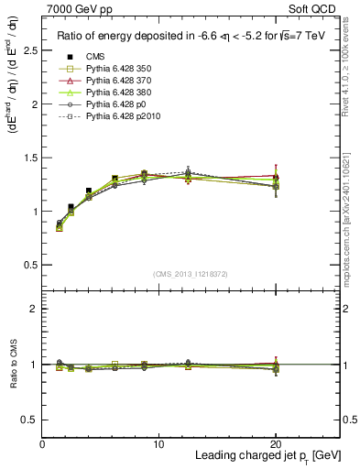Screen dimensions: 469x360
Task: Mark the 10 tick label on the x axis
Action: coord(158,444)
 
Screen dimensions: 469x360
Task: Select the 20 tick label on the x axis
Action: coord(275,444)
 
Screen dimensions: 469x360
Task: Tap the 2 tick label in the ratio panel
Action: coord(34,309)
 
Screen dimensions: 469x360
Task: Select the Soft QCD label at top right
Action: coord(312,9)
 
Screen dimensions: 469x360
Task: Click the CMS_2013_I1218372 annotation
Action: coord(191,273)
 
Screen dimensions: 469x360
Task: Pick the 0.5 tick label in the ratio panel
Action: coord(29,419)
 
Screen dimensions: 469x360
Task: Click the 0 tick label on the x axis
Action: coord(42,444)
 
